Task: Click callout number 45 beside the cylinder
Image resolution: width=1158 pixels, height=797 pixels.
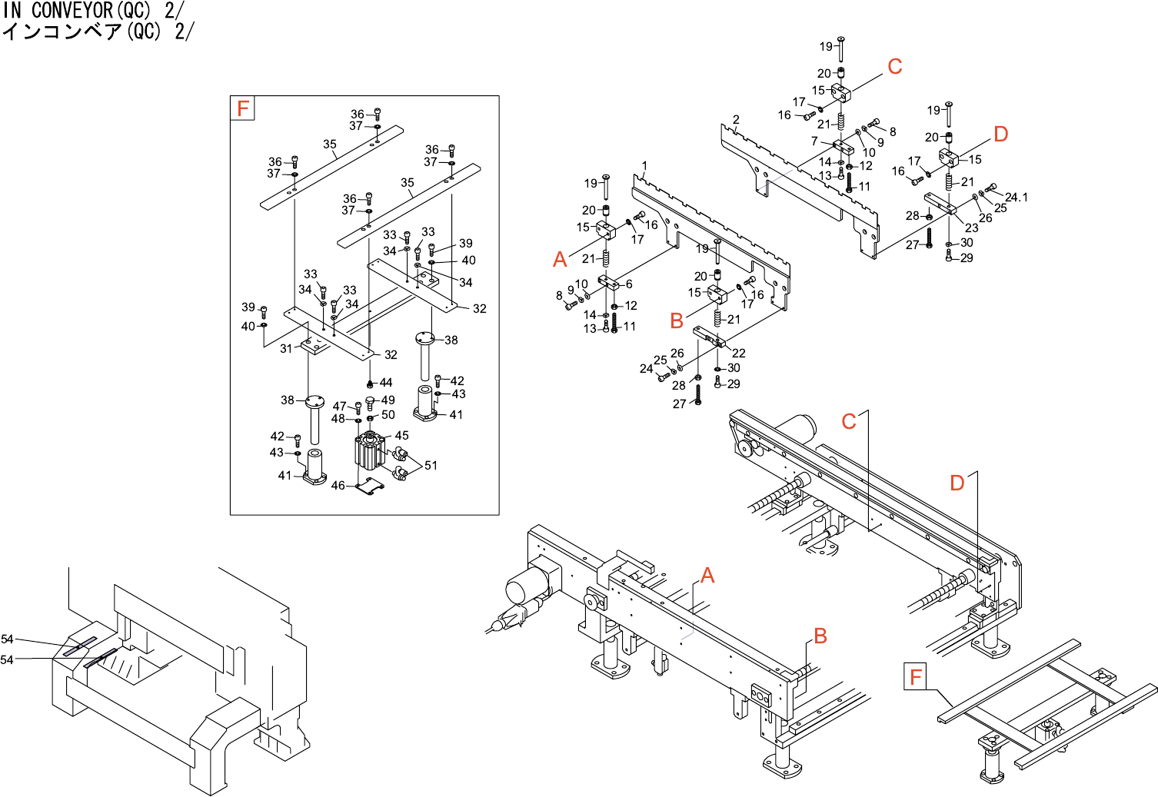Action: pyautogui.click(x=401, y=435)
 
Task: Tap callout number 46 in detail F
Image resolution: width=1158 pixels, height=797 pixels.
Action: pyautogui.click(x=338, y=486)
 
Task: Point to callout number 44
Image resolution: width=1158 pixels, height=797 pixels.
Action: pyautogui.click(x=386, y=382)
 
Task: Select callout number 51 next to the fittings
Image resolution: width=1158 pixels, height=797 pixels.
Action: pyautogui.click(x=431, y=465)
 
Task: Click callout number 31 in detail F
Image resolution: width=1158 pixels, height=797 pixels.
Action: pyautogui.click(x=286, y=348)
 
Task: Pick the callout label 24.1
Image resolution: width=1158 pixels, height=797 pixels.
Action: pyautogui.click(x=1016, y=198)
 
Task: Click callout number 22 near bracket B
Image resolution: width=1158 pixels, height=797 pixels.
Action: pyautogui.click(x=739, y=353)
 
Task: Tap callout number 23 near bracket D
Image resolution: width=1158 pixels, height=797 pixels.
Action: pyautogui.click(x=972, y=227)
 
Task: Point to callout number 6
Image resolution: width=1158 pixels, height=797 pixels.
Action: pyautogui.click(x=629, y=284)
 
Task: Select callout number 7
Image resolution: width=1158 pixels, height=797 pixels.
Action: pyautogui.click(x=814, y=141)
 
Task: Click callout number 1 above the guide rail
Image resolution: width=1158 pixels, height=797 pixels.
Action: pyautogui.click(x=644, y=165)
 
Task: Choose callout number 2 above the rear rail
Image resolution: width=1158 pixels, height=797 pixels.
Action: pyautogui.click(x=736, y=120)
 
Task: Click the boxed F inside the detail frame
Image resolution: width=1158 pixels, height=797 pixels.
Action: pyautogui.click(x=243, y=108)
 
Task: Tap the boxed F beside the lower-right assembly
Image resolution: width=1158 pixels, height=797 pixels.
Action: pyautogui.click(x=915, y=677)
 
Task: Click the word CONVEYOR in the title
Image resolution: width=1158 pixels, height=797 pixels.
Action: pyautogui.click(x=72, y=10)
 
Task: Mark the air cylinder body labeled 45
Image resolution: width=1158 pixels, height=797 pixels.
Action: pyautogui.click(x=369, y=452)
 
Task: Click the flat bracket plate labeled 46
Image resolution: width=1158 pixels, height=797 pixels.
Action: pyautogui.click(x=372, y=487)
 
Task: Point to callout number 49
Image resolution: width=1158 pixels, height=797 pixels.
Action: pyautogui.click(x=388, y=400)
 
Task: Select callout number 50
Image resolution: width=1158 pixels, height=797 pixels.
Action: pyautogui.click(x=388, y=415)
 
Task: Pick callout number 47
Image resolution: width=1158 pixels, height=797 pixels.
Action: pyautogui.click(x=339, y=406)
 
